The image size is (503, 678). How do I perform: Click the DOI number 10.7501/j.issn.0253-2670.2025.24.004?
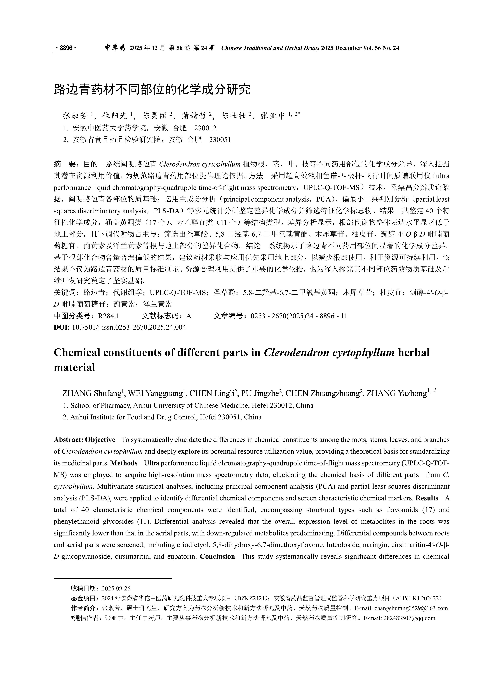129,327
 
